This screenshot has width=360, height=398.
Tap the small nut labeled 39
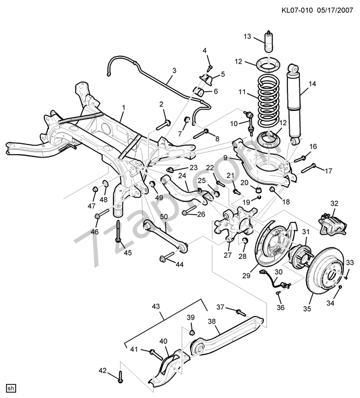coord(192,330)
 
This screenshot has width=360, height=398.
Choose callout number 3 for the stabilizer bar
coord(173,71)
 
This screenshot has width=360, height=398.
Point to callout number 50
coord(164,216)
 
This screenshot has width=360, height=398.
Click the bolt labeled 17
coord(308,169)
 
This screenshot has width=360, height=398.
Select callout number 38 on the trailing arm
coord(212,321)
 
